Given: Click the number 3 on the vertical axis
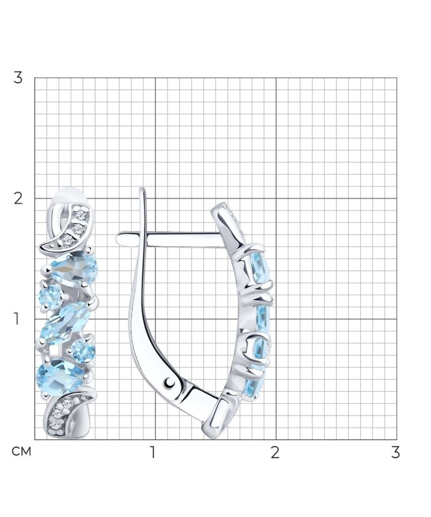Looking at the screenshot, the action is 18,78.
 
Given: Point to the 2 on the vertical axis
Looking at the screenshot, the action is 18,198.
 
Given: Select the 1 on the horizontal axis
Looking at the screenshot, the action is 152,453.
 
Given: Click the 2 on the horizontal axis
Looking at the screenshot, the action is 275,453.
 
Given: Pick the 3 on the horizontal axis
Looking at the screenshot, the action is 396,453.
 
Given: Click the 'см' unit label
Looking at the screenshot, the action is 21,452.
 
